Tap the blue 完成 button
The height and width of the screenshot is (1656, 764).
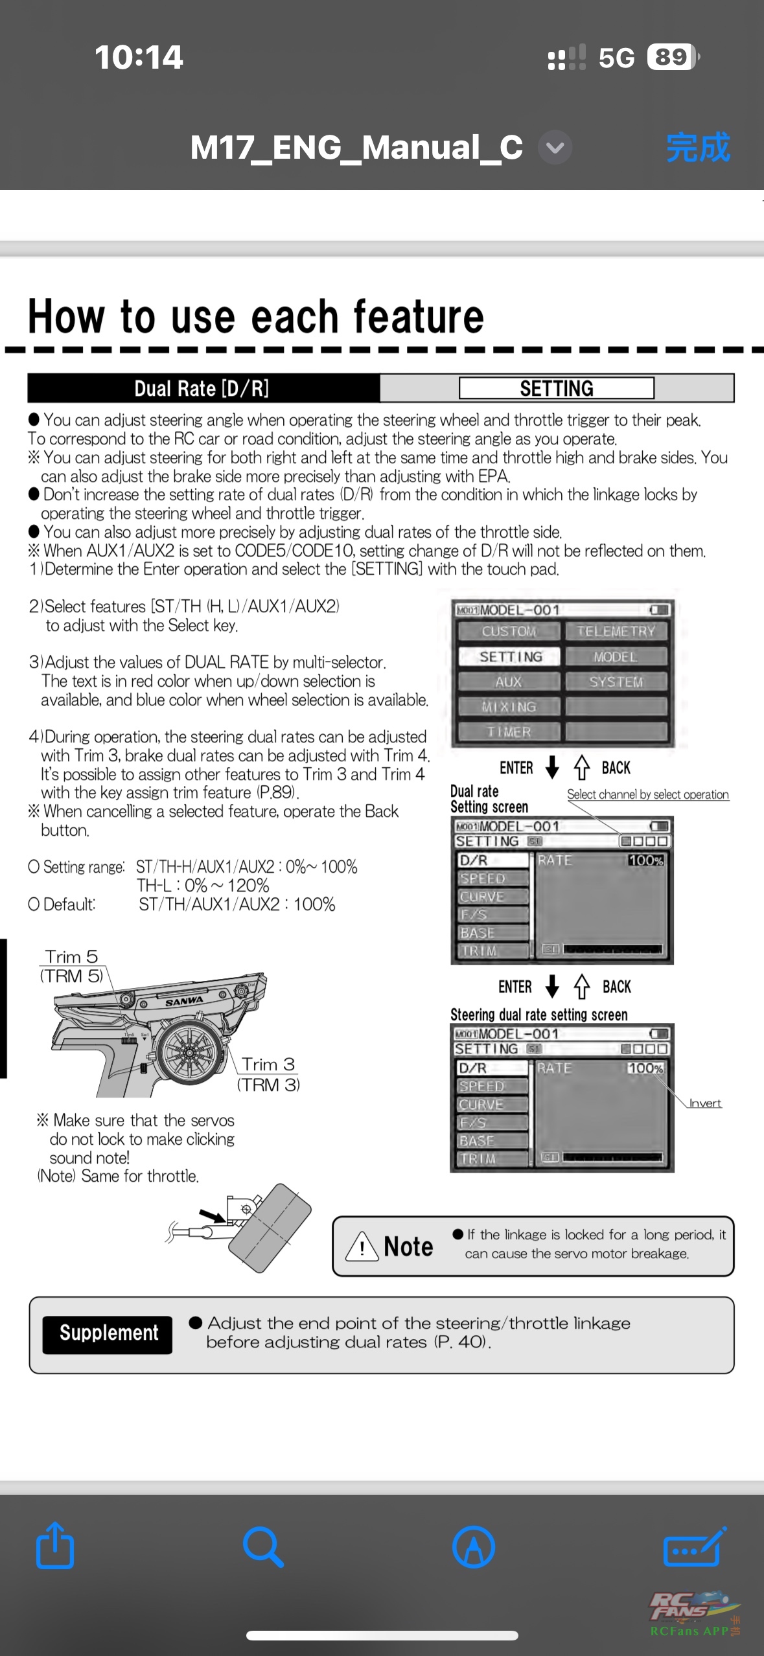click(x=698, y=148)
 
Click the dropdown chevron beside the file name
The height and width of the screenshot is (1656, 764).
click(x=555, y=148)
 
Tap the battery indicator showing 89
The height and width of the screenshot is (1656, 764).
click(x=672, y=57)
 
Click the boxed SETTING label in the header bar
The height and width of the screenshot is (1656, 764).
click(x=557, y=388)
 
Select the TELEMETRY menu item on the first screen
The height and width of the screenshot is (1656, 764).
click(x=616, y=631)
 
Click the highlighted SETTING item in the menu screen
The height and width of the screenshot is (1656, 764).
click(x=510, y=656)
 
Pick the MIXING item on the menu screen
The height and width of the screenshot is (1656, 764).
click(x=509, y=707)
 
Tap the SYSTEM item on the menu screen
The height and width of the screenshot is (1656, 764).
click(x=616, y=682)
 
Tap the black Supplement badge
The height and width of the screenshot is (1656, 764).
click(x=108, y=1334)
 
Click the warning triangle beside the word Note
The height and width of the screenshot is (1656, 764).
click(x=362, y=1246)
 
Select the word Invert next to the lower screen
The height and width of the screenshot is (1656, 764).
click(x=705, y=1103)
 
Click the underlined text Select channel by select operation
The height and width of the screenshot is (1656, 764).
click(x=647, y=795)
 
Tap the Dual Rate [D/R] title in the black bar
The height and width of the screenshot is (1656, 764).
click(x=202, y=388)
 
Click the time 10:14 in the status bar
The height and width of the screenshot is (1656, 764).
click(x=139, y=57)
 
